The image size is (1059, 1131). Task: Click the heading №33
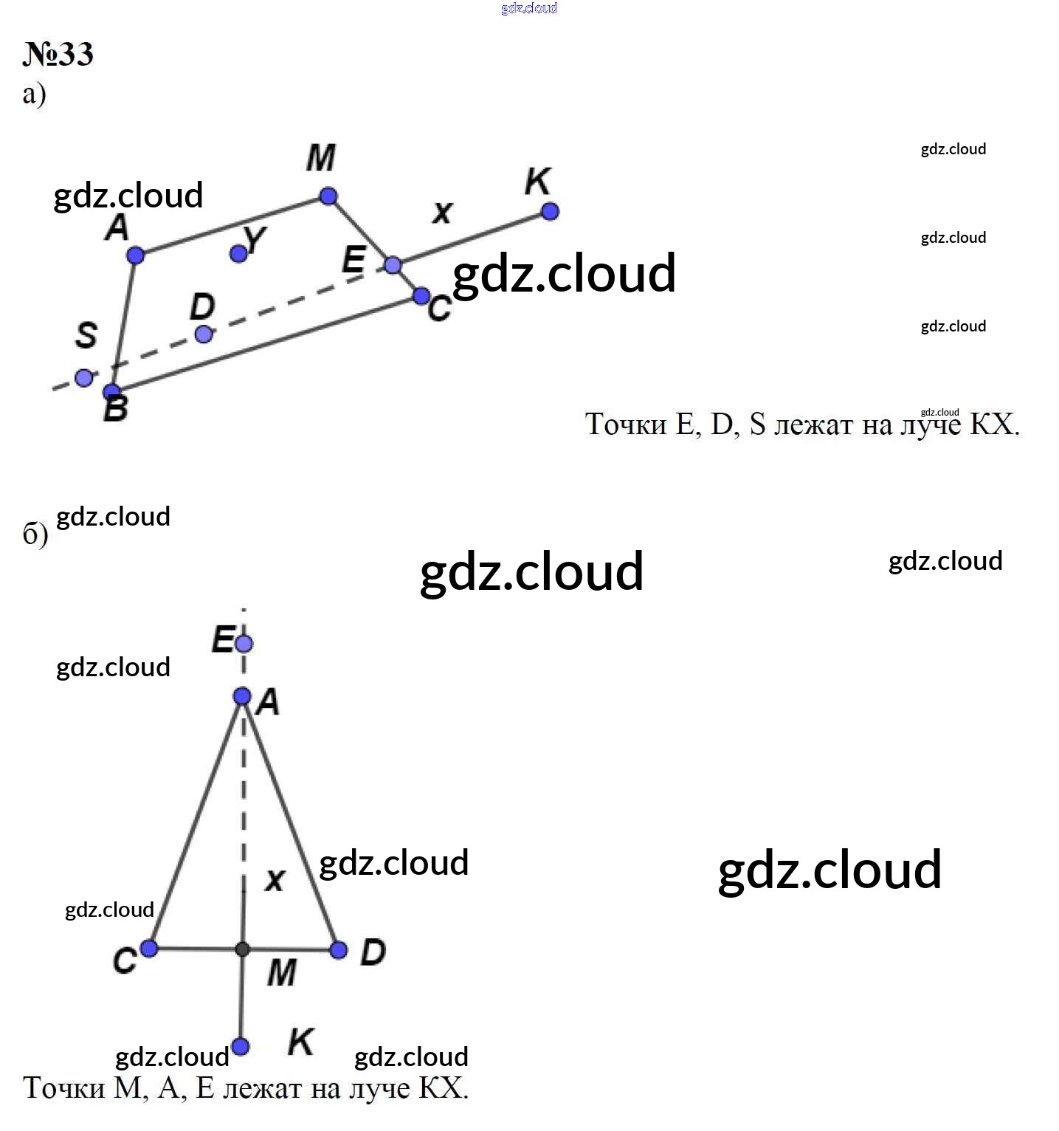pyautogui.click(x=58, y=55)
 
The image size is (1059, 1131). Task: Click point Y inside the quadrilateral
pyautogui.click(x=238, y=253)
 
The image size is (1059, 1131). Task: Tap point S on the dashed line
pyautogui.click(x=84, y=378)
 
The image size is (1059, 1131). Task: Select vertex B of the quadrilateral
pyautogui.click(x=112, y=392)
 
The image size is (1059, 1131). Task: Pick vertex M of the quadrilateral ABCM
pyautogui.click(x=328, y=196)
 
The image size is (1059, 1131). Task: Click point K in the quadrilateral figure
pyautogui.click(x=550, y=212)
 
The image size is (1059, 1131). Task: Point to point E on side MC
pyautogui.click(x=393, y=265)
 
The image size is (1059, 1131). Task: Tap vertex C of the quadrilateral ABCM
pyautogui.click(x=421, y=296)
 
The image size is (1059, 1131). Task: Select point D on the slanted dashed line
pyautogui.click(x=204, y=334)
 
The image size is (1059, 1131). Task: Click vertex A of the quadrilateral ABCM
pyautogui.click(x=135, y=255)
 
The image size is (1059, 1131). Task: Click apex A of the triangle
pyautogui.click(x=242, y=696)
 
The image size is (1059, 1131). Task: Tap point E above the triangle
pyautogui.click(x=244, y=644)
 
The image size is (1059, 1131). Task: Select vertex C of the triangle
pyautogui.click(x=149, y=948)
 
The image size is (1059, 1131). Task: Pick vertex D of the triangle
pyautogui.click(x=339, y=950)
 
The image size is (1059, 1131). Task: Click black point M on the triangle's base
pyautogui.click(x=242, y=949)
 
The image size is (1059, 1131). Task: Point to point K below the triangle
pyautogui.click(x=241, y=1046)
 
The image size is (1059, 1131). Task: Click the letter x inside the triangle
pyautogui.click(x=275, y=879)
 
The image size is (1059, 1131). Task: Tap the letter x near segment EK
pyautogui.click(x=442, y=213)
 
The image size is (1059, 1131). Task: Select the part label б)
pyautogui.click(x=35, y=534)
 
